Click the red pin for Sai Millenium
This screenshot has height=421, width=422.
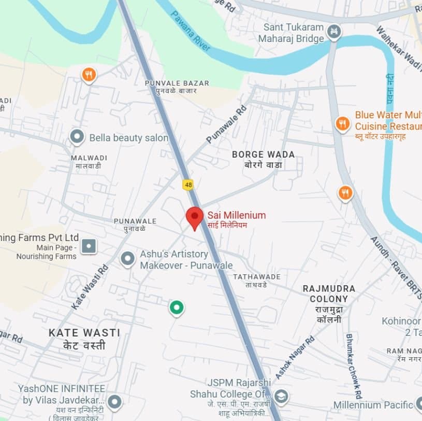tap(195, 217)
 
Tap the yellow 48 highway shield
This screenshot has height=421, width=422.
tap(187, 184)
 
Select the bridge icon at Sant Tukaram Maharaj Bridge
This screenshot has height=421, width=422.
tap(334, 32)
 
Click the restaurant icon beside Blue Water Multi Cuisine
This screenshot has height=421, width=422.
tap(342, 124)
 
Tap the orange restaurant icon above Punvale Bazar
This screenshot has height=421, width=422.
tap(89, 75)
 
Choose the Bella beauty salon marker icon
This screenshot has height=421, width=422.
tap(77, 137)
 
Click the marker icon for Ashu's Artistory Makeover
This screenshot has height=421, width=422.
tap(127, 259)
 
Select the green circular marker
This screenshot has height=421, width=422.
tap(177, 307)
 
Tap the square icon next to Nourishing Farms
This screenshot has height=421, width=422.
tap(89, 246)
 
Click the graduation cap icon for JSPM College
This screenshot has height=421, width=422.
tap(281, 397)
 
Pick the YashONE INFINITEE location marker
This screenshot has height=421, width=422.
tap(114, 401)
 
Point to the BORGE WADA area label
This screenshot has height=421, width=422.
tap(263, 155)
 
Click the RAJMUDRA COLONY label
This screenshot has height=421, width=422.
tap(329, 293)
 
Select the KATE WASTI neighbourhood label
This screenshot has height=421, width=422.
tap(84, 333)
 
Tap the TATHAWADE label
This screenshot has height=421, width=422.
tap(256, 277)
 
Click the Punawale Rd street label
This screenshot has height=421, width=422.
tap(226, 125)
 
